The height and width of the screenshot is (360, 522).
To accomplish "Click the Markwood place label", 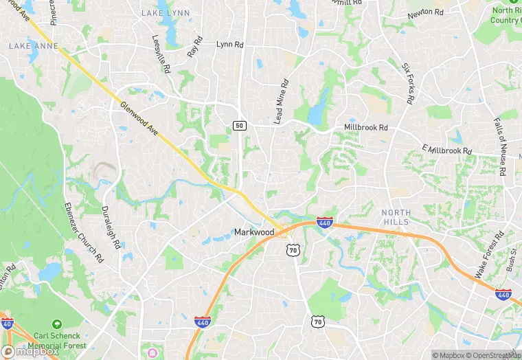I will tap(254, 232).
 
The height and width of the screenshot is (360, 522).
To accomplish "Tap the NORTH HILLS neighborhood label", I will tap(396, 217).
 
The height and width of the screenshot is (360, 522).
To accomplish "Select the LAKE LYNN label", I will tap(160, 13).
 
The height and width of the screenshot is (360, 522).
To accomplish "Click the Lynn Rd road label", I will tap(229, 44).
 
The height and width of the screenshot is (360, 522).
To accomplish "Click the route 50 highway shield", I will tap(239, 126).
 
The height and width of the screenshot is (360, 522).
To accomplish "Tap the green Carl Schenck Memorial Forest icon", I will tap(58, 323).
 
